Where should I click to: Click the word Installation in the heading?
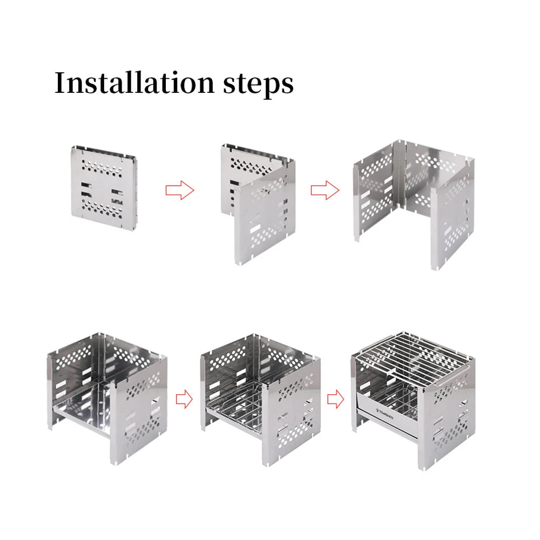(x=134, y=83)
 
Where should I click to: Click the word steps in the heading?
(x=258, y=84)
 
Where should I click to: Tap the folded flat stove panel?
(x=104, y=187)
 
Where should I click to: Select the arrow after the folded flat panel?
(x=180, y=190)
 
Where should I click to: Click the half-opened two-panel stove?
(x=258, y=204)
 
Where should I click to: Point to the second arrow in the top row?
(x=325, y=190)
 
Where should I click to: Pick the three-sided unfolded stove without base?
(x=414, y=205)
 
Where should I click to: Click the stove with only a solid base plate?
(x=107, y=399)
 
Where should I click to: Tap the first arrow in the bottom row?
(x=184, y=399)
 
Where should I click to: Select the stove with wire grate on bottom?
(x=260, y=400)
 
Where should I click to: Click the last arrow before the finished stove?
(x=335, y=399)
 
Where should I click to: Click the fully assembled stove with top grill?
(x=413, y=401)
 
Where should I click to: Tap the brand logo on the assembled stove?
(x=384, y=413)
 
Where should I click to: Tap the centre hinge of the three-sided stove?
(x=400, y=174)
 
